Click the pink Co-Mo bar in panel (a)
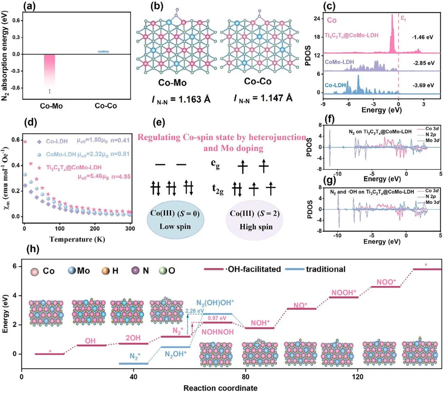(x=53, y=74)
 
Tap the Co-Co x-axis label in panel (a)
(x=106, y=106)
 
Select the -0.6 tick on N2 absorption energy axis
(x=16, y=88)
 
